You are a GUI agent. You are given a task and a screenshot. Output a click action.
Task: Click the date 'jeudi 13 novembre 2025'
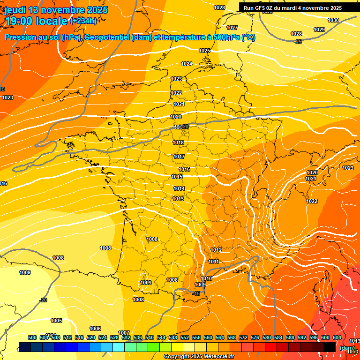pos(56,10)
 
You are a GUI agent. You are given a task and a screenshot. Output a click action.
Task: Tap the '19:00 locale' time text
pos(37,21)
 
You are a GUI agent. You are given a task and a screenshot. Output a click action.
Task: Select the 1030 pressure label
pos(333,20)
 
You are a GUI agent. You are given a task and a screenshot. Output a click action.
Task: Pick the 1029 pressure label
pos(319,30)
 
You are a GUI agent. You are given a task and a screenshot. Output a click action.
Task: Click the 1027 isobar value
pos(232,28)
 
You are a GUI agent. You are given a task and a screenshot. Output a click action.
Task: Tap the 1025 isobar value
pos(204,51)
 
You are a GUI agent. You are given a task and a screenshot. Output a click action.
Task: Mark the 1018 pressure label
pos(178,142)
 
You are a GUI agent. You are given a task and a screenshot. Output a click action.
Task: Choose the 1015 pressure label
pos(177,177)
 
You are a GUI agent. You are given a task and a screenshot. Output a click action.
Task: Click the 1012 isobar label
pos(216,250)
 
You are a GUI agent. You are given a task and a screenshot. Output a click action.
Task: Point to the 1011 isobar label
pos(214,262)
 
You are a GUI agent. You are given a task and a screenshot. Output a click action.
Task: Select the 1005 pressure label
pos(56,321)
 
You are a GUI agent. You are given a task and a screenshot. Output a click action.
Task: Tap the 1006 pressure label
pos(95,329)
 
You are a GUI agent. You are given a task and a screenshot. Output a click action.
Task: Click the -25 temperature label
pos(297,42)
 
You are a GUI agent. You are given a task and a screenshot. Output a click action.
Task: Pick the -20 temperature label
pos(43,300)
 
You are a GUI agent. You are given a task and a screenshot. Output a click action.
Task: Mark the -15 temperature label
pos(196,293)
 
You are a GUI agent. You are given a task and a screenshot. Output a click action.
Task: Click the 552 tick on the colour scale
pos(185,337)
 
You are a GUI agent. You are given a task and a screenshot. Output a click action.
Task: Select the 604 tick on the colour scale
pos(337,337)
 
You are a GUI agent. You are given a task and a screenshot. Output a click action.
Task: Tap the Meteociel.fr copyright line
pos(199,356)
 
